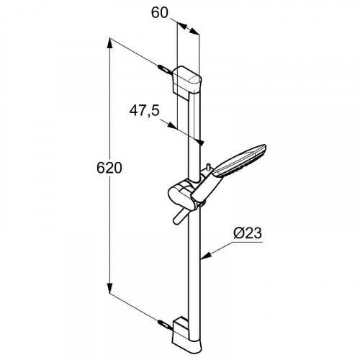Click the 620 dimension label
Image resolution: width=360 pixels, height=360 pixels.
[109, 168]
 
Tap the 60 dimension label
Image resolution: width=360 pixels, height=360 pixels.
[160, 12]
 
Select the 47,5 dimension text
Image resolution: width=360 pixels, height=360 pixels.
[145, 111]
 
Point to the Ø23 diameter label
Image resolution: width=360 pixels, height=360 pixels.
[248, 233]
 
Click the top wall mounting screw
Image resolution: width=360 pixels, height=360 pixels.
[165, 69]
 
